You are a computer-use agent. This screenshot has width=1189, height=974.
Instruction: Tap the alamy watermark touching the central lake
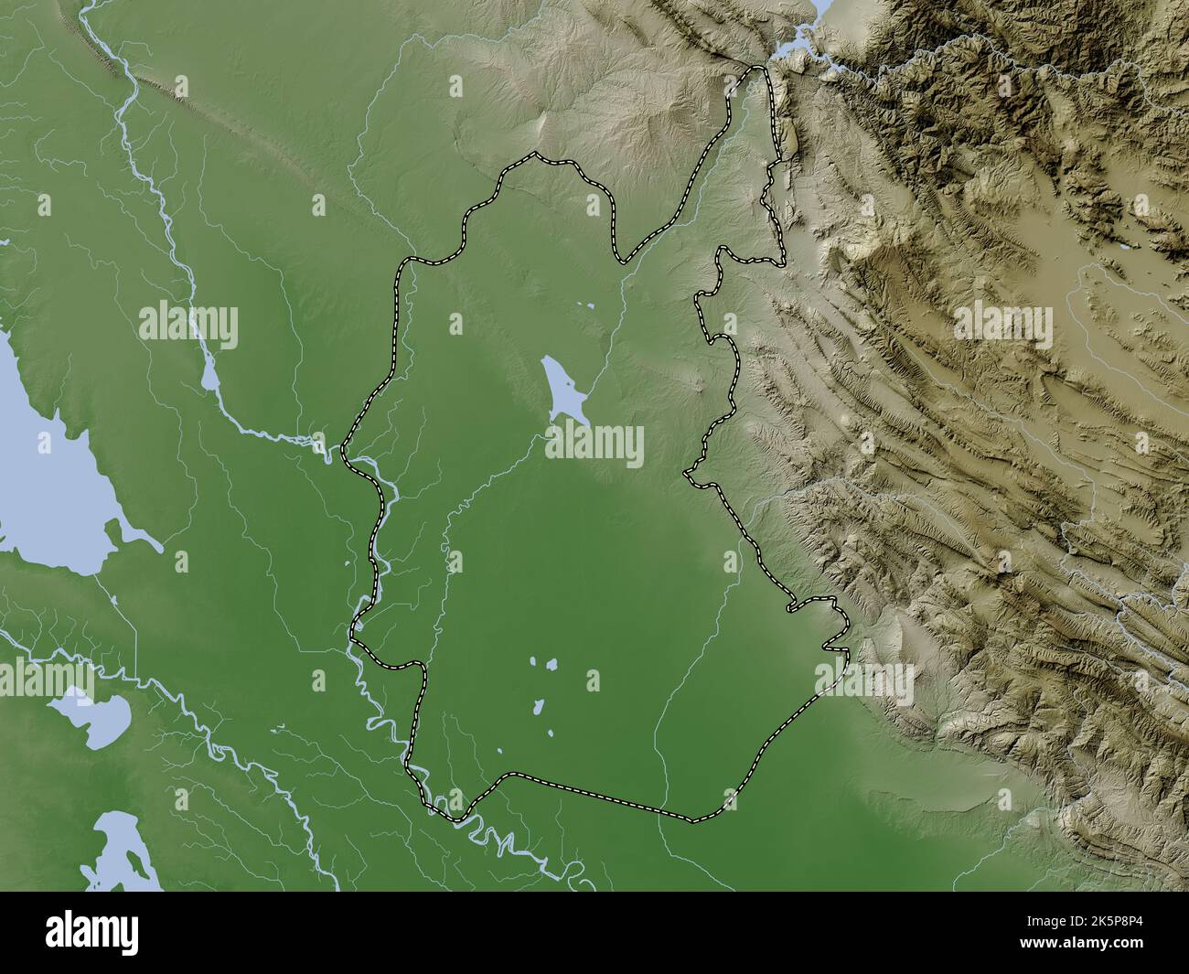pyautogui.click(x=595, y=447)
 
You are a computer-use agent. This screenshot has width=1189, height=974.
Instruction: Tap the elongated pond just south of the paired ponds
pyautogui.click(x=538, y=707)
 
